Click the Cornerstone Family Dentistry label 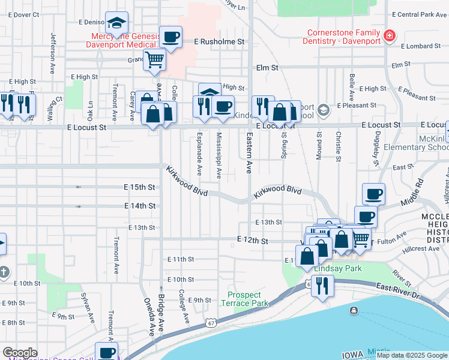(x=344, y=37)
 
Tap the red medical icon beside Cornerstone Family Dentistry (x=390, y=37)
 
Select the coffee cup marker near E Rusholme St (x=170, y=38)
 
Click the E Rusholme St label (x=220, y=42)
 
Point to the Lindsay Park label (x=338, y=268)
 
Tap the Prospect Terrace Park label (x=244, y=299)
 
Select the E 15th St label (x=139, y=187)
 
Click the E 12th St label (x=252, y=240)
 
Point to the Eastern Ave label (x=247, y=154)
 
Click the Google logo (x=20, y=353)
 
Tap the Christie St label (x=339, y=146)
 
